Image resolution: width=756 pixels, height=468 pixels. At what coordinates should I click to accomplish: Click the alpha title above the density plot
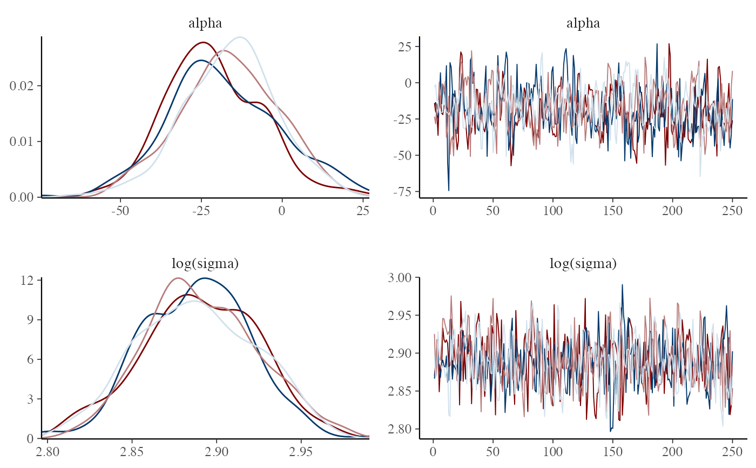[205, 23]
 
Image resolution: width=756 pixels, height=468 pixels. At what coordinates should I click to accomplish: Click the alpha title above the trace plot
[583, 23]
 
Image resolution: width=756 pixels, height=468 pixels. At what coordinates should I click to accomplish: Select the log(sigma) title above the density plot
[205, 264]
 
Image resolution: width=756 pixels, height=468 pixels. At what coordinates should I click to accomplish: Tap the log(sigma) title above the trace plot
[583, 264]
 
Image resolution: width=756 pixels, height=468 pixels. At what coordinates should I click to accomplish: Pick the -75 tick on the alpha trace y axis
[402, 192]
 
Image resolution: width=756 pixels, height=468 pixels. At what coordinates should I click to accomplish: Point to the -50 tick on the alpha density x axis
[120, 210]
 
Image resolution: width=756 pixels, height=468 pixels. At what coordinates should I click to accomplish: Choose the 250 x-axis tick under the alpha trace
[732, 210]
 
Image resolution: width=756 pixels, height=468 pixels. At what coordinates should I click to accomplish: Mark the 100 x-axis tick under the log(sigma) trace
[553, 451]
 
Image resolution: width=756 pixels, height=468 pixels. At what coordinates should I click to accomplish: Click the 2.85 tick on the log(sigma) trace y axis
[400, 391]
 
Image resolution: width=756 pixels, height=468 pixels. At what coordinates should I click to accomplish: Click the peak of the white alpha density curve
[240, 37]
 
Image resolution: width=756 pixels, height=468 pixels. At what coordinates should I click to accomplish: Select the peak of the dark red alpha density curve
[203, 42]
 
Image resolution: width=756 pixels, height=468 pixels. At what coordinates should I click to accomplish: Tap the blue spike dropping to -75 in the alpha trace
[448, 189]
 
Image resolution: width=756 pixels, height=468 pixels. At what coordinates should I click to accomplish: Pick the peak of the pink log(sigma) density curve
[178, 278]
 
